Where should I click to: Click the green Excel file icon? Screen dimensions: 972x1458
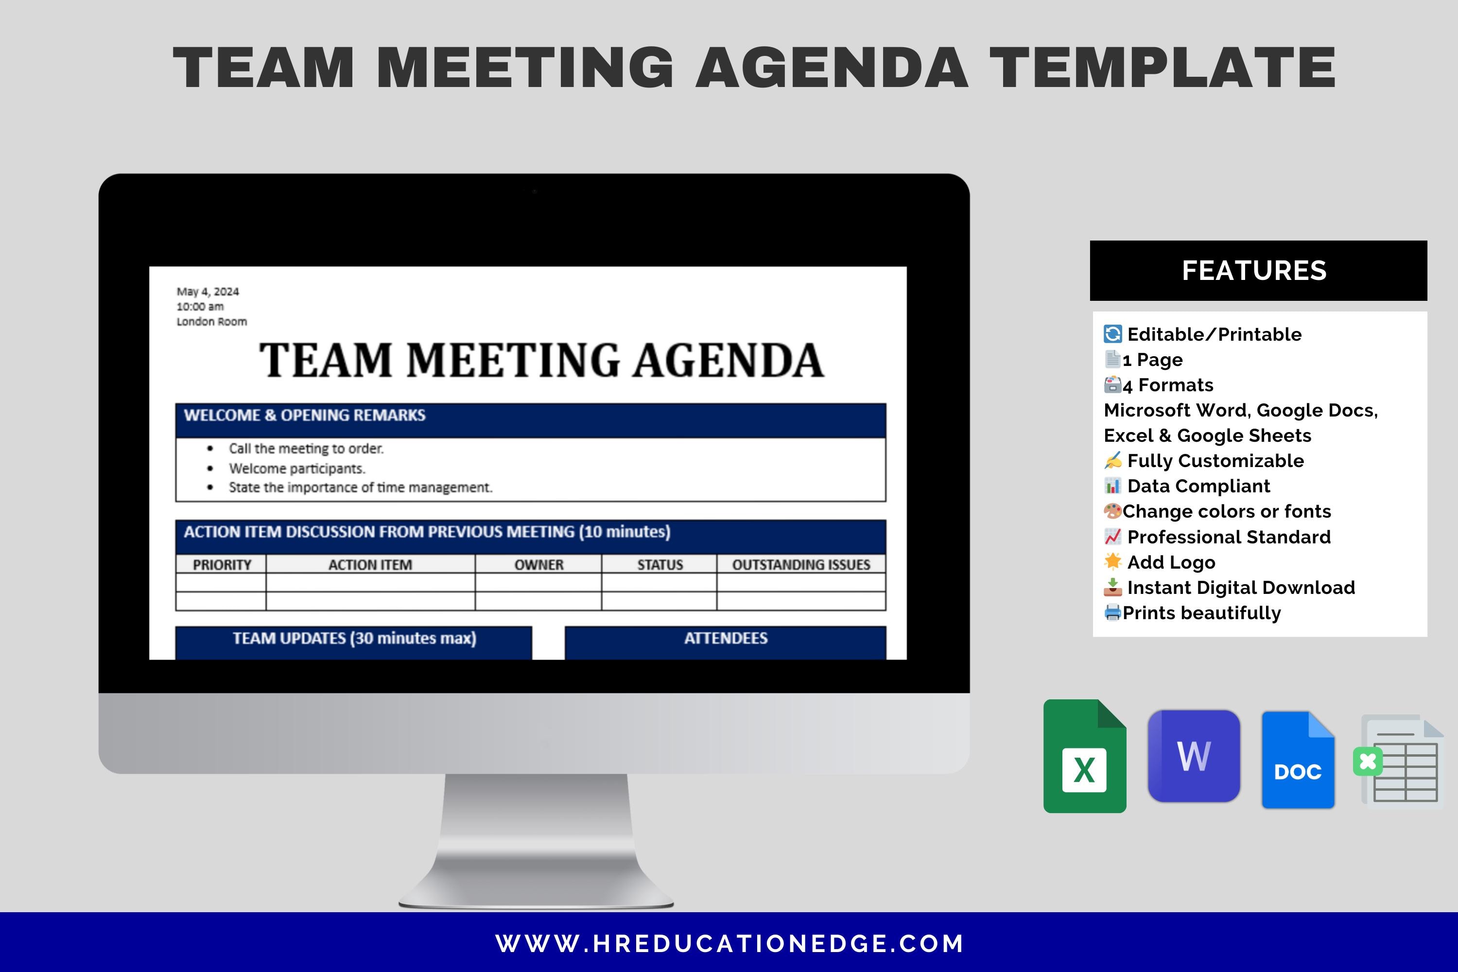coord(1084,756)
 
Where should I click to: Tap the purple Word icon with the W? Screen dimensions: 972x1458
coord(1193,756)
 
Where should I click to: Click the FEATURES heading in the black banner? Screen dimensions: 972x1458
coord(1254,271)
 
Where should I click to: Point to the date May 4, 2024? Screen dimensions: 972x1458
coord(208,291)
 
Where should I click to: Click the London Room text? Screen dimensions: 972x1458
coord(211,322)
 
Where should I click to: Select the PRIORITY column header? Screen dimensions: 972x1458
coord(222,565)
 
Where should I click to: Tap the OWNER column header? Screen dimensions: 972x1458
coord(538,565)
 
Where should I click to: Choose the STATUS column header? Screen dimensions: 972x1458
coord(660,565)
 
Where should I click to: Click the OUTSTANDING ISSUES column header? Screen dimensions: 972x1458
coord(801,565)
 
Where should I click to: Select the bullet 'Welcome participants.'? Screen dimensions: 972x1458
coord(297,469)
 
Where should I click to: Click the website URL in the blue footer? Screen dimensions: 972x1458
coord(729,943)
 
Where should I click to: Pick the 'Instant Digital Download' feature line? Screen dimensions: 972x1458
coord(1240,588)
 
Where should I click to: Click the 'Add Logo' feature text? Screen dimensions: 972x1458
coord(1171,562)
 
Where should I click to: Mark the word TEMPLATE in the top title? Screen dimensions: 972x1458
coord(1163,68)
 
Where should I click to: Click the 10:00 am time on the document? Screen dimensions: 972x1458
coord(200,307)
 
